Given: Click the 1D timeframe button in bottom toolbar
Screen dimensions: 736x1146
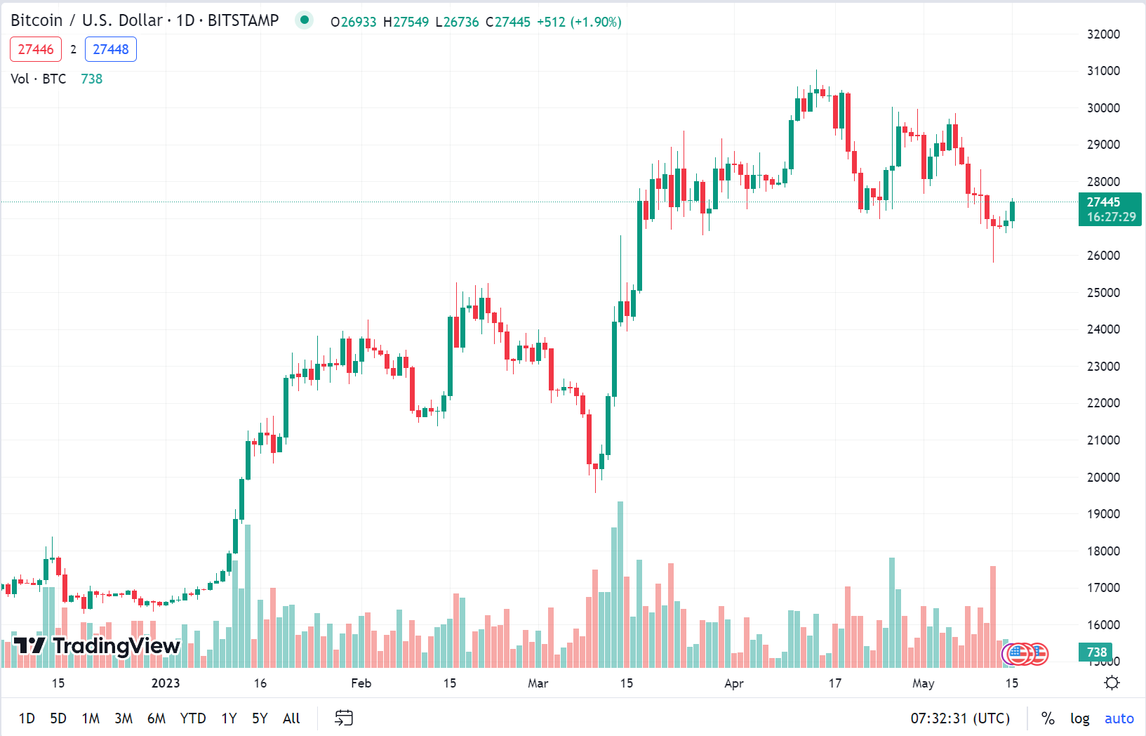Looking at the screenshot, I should click(27, 718).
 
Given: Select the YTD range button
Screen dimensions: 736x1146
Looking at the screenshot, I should click(193, 718).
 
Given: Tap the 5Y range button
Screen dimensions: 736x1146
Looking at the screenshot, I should click(260, 718).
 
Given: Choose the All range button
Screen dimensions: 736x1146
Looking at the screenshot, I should click(291, 718).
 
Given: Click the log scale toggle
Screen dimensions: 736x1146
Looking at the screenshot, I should click(1079, 718).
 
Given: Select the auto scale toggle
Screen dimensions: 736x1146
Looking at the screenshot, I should click(1119, 718).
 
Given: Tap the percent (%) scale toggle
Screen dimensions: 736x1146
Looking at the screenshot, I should click(1048, 718).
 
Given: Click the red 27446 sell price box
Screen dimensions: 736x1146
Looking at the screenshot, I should click(36, 49).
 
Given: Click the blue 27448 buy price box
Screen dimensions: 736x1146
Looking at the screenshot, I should click(111, 49).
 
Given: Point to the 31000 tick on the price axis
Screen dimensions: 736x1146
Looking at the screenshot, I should click(1103, 71).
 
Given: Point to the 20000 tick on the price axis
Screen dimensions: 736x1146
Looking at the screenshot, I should click(1103, 478).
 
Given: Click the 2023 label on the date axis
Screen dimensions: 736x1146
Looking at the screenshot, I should click(166, 683).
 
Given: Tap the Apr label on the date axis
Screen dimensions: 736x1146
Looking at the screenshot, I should click(733, 683).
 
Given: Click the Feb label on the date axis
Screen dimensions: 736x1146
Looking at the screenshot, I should click(361, 683).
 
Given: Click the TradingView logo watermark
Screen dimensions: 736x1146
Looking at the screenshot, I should click(97, 645).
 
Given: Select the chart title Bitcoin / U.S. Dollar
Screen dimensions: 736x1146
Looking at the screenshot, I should click(86, 20).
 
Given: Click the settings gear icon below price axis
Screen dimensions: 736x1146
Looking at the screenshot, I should click(1112, 683).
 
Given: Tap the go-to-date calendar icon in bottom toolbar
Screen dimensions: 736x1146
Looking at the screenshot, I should click(344, 718).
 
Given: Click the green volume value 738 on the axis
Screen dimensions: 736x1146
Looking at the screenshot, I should click(1096, 652).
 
